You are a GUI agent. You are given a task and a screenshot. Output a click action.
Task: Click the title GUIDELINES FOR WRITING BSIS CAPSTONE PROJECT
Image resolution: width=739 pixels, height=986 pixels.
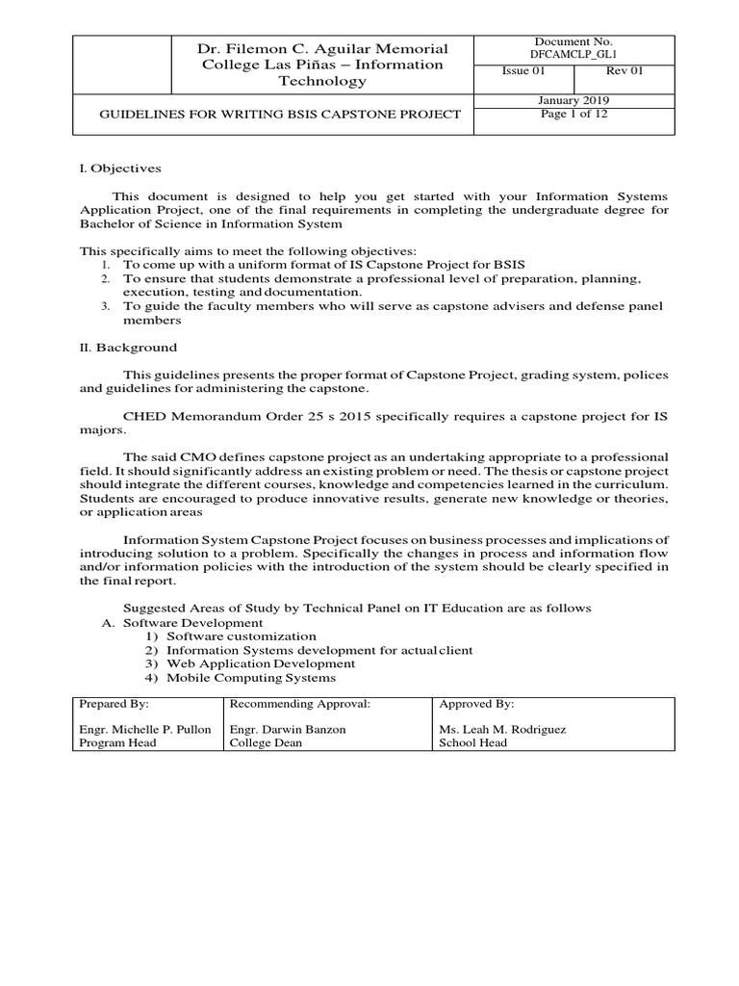pyautogui.click(x=281, y=115)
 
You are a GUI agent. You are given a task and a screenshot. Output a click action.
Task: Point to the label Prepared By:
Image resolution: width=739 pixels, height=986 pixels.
pyautogui.click(x=108, y=704)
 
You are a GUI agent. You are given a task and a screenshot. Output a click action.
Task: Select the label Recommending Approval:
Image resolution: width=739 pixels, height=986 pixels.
pyautogui.click(x=287, y=704)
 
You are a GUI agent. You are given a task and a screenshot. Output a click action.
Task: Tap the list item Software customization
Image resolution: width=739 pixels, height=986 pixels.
pyautogui.click(x=241, y=636)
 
